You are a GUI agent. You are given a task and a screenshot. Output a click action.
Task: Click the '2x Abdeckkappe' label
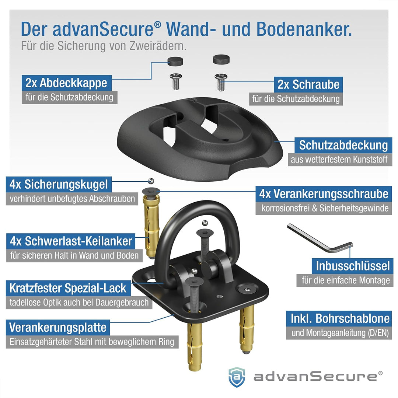pyautogui.click(x=66, y=83)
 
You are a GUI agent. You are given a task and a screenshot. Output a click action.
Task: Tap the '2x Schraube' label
pyautogui.click(x=308, y=84)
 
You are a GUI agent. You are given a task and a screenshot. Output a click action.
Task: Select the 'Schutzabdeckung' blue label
pyautogui.click(x=343, y=145)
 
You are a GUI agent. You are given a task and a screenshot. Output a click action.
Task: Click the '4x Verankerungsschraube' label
pyautogui.click(x=324, y=193)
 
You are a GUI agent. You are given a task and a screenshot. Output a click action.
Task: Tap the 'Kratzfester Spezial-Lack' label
pyautogui.click(x=68, y=288)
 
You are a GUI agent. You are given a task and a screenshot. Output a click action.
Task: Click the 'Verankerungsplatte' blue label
pyautogui.click(x=58, y=327)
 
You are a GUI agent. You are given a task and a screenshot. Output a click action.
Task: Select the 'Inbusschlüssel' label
pyautogui.click(x=353, y=265)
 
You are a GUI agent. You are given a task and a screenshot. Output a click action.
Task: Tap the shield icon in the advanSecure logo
pyautogui.click(x=236, y=376)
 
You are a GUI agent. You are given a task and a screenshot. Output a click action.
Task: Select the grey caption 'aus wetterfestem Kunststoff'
pyautogui.click(x=339, y=160)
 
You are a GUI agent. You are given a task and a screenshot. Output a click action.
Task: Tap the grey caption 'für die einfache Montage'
pyautogui.click(x=346, y=280)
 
